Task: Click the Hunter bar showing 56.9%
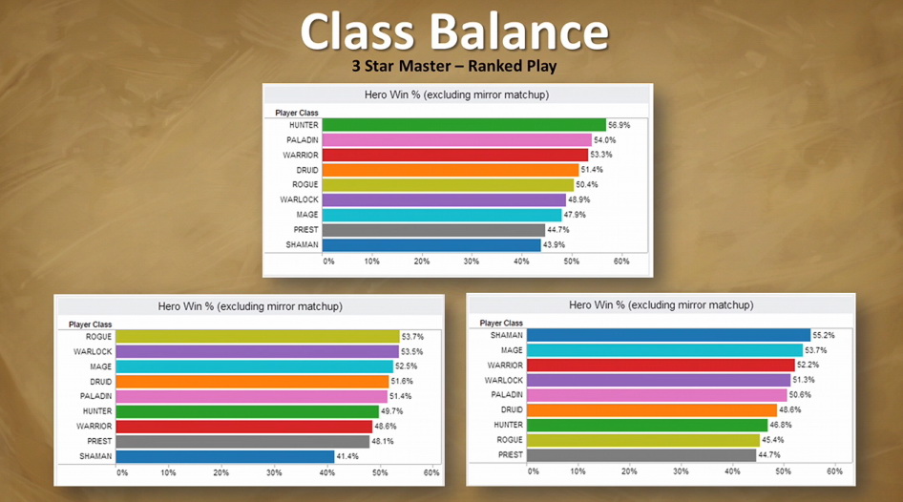(464, 125)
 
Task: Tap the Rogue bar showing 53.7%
(257, 337)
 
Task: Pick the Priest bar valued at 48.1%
(242, 442)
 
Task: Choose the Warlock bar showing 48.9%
(444, 200)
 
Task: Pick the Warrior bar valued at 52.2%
(661, 366)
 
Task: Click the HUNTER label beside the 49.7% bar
(98, 411)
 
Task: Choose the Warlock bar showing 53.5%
(257, 352)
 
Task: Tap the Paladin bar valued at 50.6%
(657, 395)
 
